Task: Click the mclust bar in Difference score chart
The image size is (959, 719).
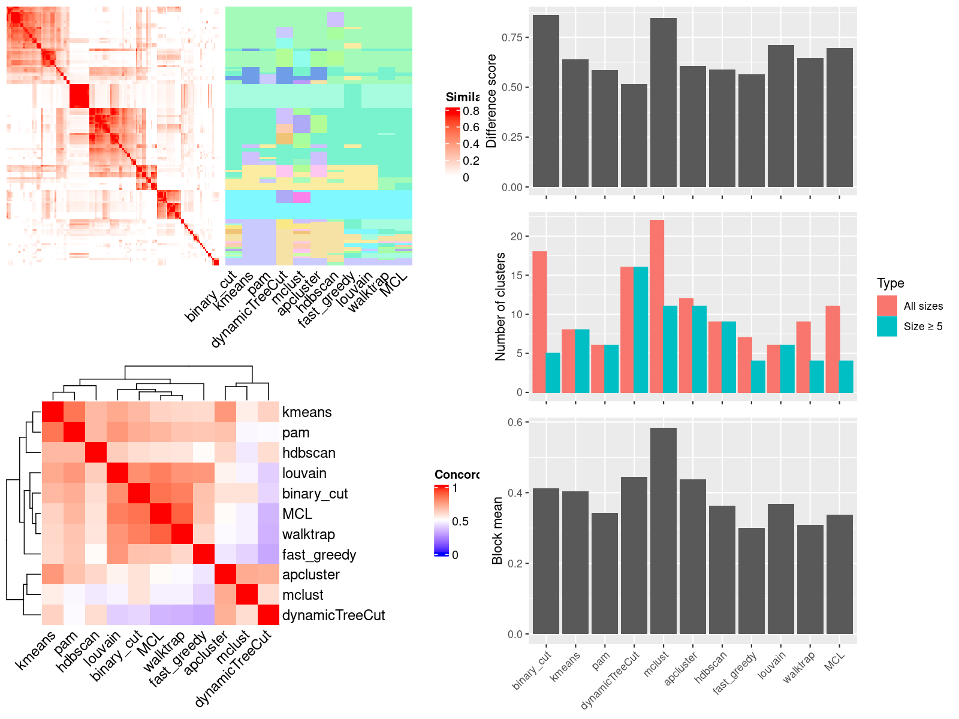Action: [663, 102]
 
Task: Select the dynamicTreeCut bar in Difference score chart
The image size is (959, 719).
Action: [634, 135]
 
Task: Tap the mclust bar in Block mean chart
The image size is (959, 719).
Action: [663, 531]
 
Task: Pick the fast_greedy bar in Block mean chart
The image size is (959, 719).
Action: [751, 581]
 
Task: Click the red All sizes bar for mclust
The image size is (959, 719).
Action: [656, 306]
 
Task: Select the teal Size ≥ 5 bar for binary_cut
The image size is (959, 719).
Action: [553, 373]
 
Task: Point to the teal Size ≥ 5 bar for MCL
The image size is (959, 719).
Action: [846, 376]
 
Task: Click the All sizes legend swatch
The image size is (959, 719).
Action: [886, 306]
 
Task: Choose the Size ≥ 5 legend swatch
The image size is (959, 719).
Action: [886, 327]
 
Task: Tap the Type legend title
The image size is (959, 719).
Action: [890, 283]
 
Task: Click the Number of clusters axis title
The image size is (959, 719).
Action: [500, 306]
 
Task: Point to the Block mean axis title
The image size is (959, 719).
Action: [497, 531]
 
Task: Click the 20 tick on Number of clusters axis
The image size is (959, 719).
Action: [516, 236]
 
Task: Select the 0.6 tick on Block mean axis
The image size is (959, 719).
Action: [514, 422]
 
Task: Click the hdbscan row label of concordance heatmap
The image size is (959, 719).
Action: [309, 453]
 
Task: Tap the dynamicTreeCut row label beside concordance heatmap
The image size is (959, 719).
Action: [333, 615]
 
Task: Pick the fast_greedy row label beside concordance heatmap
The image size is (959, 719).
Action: [319, 555]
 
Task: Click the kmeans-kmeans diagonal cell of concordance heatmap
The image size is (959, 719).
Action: [52, 412]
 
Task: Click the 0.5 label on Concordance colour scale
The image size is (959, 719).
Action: [460, 521]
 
